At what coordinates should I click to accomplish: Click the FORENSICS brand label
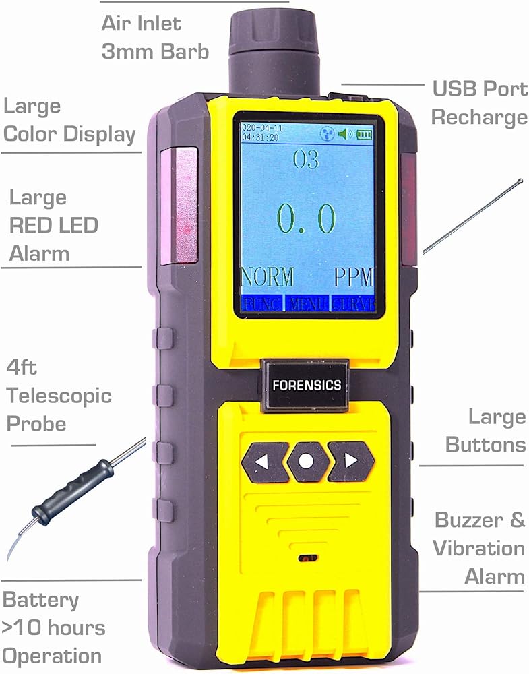point(306,386)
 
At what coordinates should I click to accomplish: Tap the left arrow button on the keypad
point(265,462)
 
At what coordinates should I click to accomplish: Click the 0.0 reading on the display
point(307,218)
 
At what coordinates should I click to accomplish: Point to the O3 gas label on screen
point(306,160)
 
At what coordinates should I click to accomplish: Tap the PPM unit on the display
point(353,277)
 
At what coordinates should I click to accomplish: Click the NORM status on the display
point(268,277)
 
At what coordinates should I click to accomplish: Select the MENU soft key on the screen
point(308,303)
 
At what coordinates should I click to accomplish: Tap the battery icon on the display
point(364,134)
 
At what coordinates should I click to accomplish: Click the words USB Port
point(479,88)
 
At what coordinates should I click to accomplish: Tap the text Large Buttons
point(495,430)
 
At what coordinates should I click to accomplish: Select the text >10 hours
point(54,628)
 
